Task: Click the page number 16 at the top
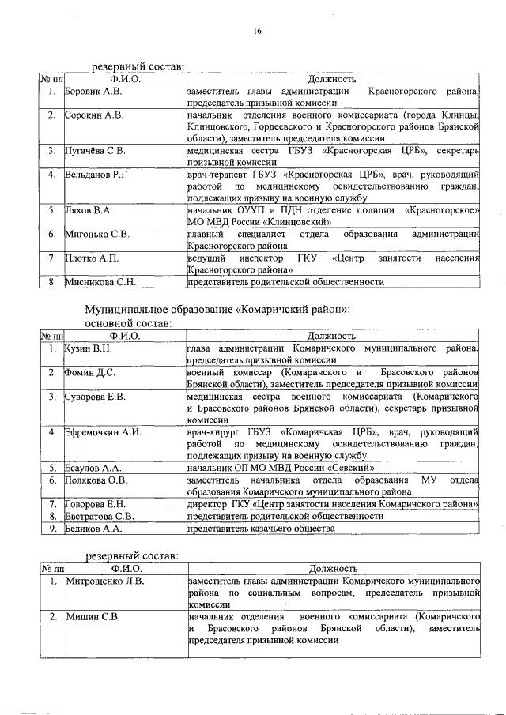pyautogui.click(x=257, y=31)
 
